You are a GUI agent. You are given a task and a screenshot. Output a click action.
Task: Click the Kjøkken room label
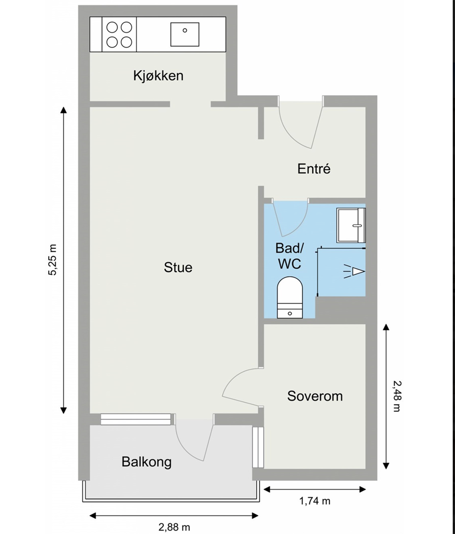(x=158, y=76)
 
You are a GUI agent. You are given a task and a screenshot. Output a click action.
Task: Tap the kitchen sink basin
(x=185, y=34)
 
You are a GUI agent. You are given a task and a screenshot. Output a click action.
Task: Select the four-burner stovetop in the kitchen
(x=119, y=34)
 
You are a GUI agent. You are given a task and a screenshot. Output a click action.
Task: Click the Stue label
(x=178, y=267)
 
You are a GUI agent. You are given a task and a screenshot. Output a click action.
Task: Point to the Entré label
(x=314, y=169)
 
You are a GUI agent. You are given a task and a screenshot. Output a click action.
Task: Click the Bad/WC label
(x=289, y=256)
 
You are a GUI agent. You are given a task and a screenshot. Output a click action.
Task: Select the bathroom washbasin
(x=351, y=225)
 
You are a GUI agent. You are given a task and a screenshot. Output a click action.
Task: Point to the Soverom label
(x=315, y=396)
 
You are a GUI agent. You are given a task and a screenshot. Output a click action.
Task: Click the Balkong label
(x=147, y=462)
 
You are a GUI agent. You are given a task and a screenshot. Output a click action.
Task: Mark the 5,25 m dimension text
(x=53, y=260)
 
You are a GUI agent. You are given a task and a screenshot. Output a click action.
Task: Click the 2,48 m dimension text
(x=396, y=396)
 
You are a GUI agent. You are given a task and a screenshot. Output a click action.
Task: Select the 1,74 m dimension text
(x=314, y=501)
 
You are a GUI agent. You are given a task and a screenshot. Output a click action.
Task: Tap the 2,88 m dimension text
(x=174, y=527)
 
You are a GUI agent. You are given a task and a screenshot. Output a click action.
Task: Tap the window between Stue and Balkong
(x=136, y=419)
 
